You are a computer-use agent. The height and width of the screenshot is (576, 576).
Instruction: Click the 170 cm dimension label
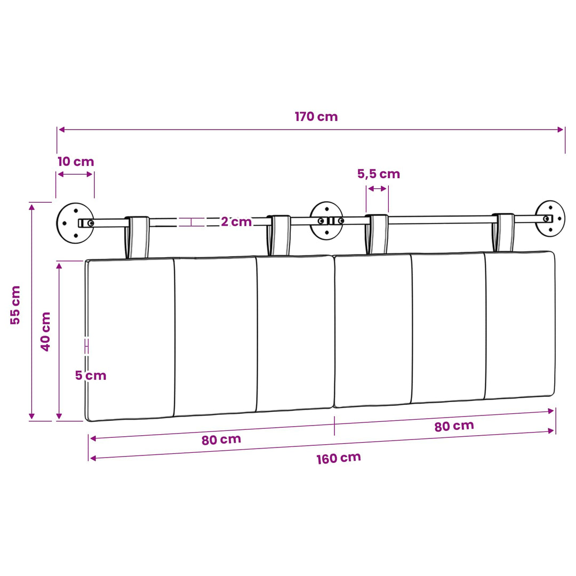[x=316, y=116]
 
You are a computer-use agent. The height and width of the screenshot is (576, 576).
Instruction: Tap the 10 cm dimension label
[x=76, y=161]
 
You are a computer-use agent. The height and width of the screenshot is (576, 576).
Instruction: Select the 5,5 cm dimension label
[x=378, y=174]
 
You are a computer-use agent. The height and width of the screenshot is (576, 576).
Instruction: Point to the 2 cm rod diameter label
[x=236, y=221]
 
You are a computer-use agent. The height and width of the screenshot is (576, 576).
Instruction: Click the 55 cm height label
[x=15, y=305]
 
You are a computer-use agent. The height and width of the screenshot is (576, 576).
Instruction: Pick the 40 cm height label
[x=45, y=331]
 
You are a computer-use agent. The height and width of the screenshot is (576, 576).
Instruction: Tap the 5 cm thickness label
[x=91, y=375]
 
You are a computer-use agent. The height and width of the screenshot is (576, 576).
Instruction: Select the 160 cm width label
[x=339, y=458]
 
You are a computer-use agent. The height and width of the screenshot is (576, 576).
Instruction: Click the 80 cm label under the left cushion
[x=221, y=439]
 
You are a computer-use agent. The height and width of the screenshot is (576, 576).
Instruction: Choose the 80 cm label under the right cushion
[x=454, y=426]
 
